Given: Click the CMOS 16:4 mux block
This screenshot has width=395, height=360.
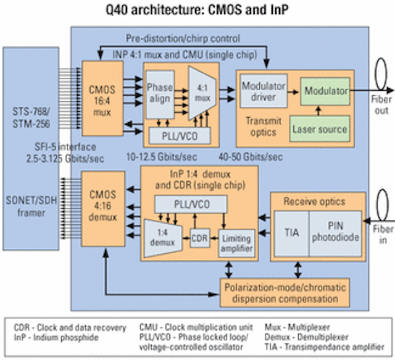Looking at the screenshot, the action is (102, 99).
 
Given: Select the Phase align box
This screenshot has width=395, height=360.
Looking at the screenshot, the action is (160, 94).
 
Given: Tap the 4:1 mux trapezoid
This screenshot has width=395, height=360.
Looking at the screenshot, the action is (202, 93).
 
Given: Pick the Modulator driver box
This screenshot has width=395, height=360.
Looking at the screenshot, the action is (264, 91).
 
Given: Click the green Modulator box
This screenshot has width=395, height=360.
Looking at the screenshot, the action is (325, 91).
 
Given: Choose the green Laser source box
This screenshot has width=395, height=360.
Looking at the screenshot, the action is (320, 129).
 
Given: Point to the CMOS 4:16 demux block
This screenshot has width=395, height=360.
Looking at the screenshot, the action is (103, 209).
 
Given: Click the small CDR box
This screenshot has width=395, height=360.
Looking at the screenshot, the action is (200, 238).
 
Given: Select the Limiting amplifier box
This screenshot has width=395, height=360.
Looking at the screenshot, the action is (236, 243).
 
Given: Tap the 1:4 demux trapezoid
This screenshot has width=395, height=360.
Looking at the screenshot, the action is (163, 238).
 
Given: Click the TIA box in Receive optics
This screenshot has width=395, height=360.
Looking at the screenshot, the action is (291, 233).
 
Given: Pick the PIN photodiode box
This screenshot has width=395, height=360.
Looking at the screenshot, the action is (335, 233).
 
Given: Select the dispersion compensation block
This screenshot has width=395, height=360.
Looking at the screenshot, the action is (285, 293).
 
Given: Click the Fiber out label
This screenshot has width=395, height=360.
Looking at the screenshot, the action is (381, 105).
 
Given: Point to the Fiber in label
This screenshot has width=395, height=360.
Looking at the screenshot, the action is (383, 235).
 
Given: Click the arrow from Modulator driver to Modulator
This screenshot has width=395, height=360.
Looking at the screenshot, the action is (293, 92).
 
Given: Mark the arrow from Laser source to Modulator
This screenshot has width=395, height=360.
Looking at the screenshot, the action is (318, 111).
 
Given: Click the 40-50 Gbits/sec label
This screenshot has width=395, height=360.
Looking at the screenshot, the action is (251, 157).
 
